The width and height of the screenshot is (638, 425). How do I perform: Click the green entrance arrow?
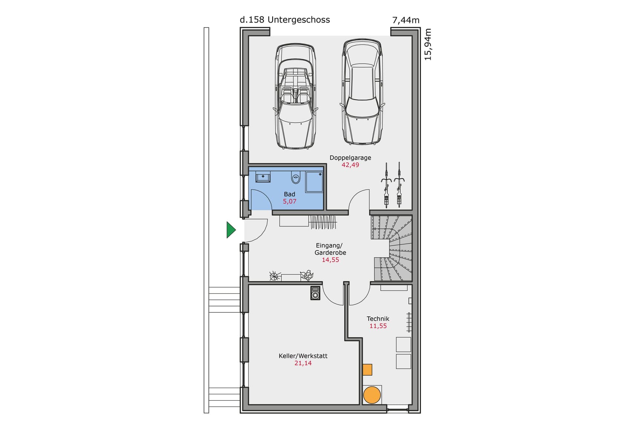[x=231, y=230]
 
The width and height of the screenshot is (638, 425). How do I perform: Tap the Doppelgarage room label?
[x=350, y=158]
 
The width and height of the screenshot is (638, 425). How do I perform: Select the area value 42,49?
[x=350, y=165]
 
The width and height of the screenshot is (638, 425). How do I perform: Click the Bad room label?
[x=289, y=194]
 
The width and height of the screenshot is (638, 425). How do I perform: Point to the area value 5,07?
[x=289, y=201]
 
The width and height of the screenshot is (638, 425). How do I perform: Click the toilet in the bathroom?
[x=296, y=178]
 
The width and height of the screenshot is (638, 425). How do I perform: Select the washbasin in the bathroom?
[x=263, y=177]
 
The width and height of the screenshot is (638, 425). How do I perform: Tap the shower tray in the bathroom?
[x=314, y=182]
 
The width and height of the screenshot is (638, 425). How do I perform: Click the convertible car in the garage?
[x=296, y=96]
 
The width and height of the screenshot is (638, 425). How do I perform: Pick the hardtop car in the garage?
[x=362, y=92]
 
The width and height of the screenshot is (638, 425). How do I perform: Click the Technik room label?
[x=378, y=319]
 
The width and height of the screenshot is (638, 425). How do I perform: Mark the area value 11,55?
[x=378, y=326]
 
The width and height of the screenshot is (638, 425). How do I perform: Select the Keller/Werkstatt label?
[x=303, y=356]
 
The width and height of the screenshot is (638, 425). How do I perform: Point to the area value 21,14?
[x=303, y=363]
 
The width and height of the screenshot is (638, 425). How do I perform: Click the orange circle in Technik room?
[x=372, y=395]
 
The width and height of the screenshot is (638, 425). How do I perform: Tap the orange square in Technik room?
[x=367, y=369]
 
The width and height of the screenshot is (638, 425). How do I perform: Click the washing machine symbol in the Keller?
[x=315, y=293]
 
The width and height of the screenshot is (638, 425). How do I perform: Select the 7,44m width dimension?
[x=406, y=20]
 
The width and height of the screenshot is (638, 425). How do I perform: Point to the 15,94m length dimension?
[x=428, y=44]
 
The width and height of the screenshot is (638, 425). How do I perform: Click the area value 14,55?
[x=330, y=260]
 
